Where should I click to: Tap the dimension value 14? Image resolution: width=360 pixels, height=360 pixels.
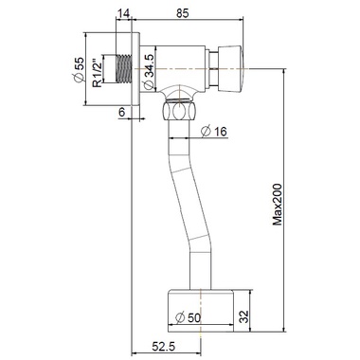pos(123,13)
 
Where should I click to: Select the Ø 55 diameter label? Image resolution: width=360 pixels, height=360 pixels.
pos(79,69)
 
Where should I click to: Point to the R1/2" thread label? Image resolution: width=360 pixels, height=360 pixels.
pos(97,72)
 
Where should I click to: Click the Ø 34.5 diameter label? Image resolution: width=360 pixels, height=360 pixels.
pos(149,71)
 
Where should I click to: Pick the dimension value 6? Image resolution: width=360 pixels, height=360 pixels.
pos(122,112)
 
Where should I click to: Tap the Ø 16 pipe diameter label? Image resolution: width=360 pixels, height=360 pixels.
pos(214,131)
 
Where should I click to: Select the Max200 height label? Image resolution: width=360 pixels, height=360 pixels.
pos(278,205)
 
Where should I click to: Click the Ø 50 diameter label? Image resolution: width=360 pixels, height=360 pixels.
pos(188,317)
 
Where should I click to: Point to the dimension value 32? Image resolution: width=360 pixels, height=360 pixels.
pos(243,316)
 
